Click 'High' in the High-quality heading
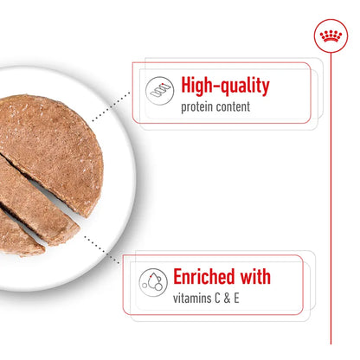click(201, 86)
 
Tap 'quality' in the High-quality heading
click(245, 87)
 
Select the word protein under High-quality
click(200, 107)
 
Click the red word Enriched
click(208, 278)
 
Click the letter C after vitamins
click(229, 299)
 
